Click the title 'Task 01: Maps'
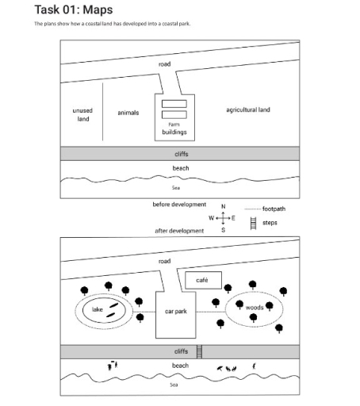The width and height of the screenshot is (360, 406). [74, 10]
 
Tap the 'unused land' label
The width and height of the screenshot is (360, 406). [82, 115]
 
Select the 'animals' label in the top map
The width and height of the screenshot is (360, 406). [128, 113]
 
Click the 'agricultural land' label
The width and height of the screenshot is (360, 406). [247, 109]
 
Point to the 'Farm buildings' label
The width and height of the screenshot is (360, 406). [174, 128]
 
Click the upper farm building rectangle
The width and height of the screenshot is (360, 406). [174, 104]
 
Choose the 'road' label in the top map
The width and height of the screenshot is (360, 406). [164, 63]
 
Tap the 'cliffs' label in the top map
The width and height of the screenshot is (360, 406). [181, 154]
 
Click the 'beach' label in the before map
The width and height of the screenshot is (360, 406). [181, 168]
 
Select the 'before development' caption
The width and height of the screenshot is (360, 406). [179, 205]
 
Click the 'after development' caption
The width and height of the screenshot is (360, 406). [179, 231]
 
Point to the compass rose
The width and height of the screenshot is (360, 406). [223, 218]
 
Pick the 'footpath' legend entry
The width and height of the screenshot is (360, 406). [274, 209]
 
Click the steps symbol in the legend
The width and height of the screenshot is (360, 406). [254, 224]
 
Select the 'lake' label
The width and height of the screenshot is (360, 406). [97, 309]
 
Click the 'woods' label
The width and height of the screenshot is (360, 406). [255, 308]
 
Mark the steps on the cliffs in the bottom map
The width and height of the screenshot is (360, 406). [200, 351]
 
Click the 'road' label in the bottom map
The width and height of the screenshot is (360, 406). [164, 261]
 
